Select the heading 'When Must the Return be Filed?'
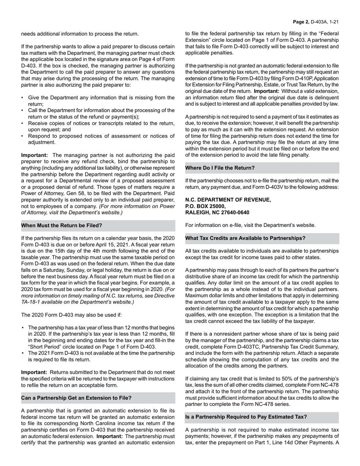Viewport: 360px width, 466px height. (x=61, y=225)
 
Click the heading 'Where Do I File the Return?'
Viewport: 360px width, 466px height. (x=220, y=167)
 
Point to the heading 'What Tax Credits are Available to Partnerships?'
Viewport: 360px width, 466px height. (x=245, y=238)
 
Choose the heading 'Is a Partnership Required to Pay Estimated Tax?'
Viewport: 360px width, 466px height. (x=246, y=417)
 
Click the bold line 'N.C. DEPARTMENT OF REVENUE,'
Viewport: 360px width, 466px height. (x=228, y=200)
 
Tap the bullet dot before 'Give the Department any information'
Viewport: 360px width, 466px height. (x=23, y=98)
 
